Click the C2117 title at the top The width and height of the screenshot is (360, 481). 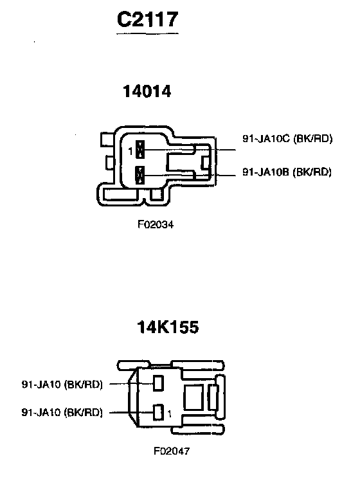[x=147, y=19]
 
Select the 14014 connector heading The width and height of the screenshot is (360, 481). [x=147, y=91]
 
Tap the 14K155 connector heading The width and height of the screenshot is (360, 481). [x=168, y=327]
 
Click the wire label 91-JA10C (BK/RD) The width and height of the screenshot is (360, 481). [x=287, y=139]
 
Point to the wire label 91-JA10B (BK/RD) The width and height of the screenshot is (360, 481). [x=287, y=172]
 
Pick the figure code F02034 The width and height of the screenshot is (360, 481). [x=156, y=224]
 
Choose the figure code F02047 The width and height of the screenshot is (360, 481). [x=172, y=451]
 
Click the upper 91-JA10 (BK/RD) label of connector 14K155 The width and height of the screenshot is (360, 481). [x=62, y=385]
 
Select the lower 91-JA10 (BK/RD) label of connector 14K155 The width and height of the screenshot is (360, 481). [x=62, y=412]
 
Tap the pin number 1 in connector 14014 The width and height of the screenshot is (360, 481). [x=130, y=151]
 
